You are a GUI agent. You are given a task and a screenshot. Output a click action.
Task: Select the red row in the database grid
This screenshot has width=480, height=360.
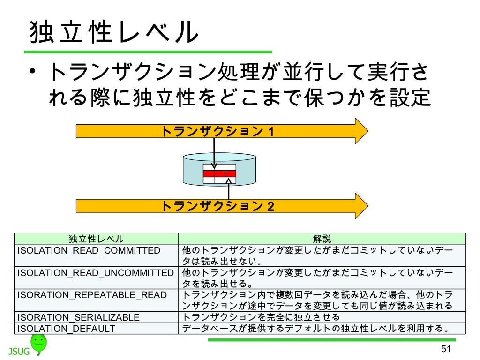click(219, 173)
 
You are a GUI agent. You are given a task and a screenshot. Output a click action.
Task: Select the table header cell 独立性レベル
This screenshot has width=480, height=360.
click(96, 239)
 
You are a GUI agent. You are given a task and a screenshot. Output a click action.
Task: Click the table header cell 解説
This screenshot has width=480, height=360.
click(322, 239)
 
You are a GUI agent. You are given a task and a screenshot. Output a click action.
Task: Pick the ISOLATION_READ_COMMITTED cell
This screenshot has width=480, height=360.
click(89, 250)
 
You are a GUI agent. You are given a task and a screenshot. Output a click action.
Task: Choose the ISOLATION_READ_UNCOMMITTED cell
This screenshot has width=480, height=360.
click(96, 272)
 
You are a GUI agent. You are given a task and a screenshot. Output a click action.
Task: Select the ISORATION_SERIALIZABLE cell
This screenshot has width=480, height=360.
click(78, 317)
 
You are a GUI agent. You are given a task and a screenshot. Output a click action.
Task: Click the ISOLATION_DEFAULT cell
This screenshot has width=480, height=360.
click(66, 329)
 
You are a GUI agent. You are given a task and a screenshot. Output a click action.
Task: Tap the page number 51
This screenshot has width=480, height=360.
click(445, 349)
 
